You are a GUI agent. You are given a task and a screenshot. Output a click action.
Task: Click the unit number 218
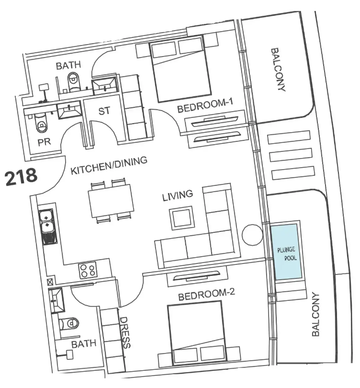click(21, 177)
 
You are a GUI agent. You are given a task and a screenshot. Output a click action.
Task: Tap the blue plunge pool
click(286, 252)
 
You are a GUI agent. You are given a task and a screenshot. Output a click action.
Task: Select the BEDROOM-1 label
click(205, 105)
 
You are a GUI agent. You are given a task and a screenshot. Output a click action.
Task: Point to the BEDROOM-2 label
click(206, 294)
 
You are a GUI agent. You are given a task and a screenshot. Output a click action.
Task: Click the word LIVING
click(178, 195)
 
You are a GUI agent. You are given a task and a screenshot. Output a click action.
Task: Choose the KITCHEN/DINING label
click(109, 165)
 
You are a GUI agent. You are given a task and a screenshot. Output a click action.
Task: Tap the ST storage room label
click(104, 111)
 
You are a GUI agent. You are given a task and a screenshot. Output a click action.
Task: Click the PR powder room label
click(44, 142)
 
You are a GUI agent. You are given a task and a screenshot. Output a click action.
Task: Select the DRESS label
click(125, 332)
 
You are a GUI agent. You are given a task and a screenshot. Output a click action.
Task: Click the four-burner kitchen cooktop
click(88, 270)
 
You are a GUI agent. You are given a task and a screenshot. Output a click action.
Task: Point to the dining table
click(111, 201)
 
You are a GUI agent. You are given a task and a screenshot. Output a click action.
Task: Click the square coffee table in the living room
click(181, 218)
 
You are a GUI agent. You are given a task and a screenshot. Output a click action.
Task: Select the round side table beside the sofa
click(252, 235)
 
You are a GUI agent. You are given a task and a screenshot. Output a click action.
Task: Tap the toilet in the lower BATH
click(70, 323)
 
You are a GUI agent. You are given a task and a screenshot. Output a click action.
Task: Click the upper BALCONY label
click(279, 69)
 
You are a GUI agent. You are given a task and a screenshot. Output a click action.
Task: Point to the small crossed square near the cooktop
click(50, 282)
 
